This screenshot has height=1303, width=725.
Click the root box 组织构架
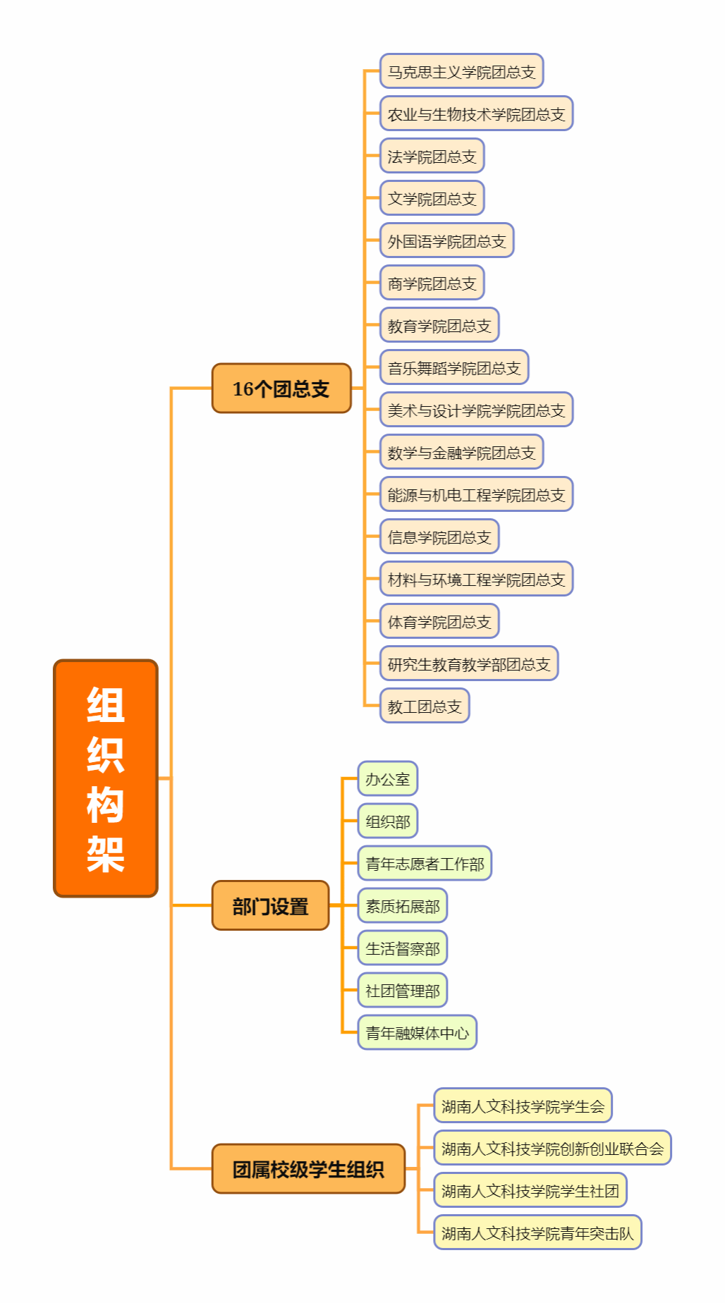[x=106, y=778]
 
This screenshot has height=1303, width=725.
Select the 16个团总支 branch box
[x=281, y=389]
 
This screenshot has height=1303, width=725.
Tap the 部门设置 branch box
[x=271, y=906]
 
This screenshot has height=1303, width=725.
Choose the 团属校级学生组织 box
[x=308, y=1169]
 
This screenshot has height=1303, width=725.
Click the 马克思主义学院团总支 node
[x=461, y=71]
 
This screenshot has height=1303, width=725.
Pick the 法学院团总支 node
[x=432, y=156]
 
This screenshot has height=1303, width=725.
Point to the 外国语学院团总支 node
[x=446, y=241]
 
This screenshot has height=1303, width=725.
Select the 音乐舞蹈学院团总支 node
[x=454, y=367]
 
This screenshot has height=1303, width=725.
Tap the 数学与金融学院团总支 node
[x=461, y=452]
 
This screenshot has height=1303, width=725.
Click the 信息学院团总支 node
[x=439, y=537]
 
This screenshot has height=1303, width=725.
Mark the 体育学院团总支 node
[x=439, y=621]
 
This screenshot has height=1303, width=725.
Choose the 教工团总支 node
[x=425, y=706]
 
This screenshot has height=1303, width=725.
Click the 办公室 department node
[x=387, y=779]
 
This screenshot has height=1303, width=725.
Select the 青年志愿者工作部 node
[x=425, y=864]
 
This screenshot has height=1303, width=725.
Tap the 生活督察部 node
[x=402, y=948]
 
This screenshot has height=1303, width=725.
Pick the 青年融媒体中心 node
[x=417, y=1033]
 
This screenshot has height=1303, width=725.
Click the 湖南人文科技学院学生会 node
[x=523, y=1106]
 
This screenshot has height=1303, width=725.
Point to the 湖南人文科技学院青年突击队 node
[x=537, y=1232]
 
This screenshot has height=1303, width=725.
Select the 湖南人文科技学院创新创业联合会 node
[x=552, y=1148]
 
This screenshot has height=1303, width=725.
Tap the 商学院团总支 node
[x=432, y=283]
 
